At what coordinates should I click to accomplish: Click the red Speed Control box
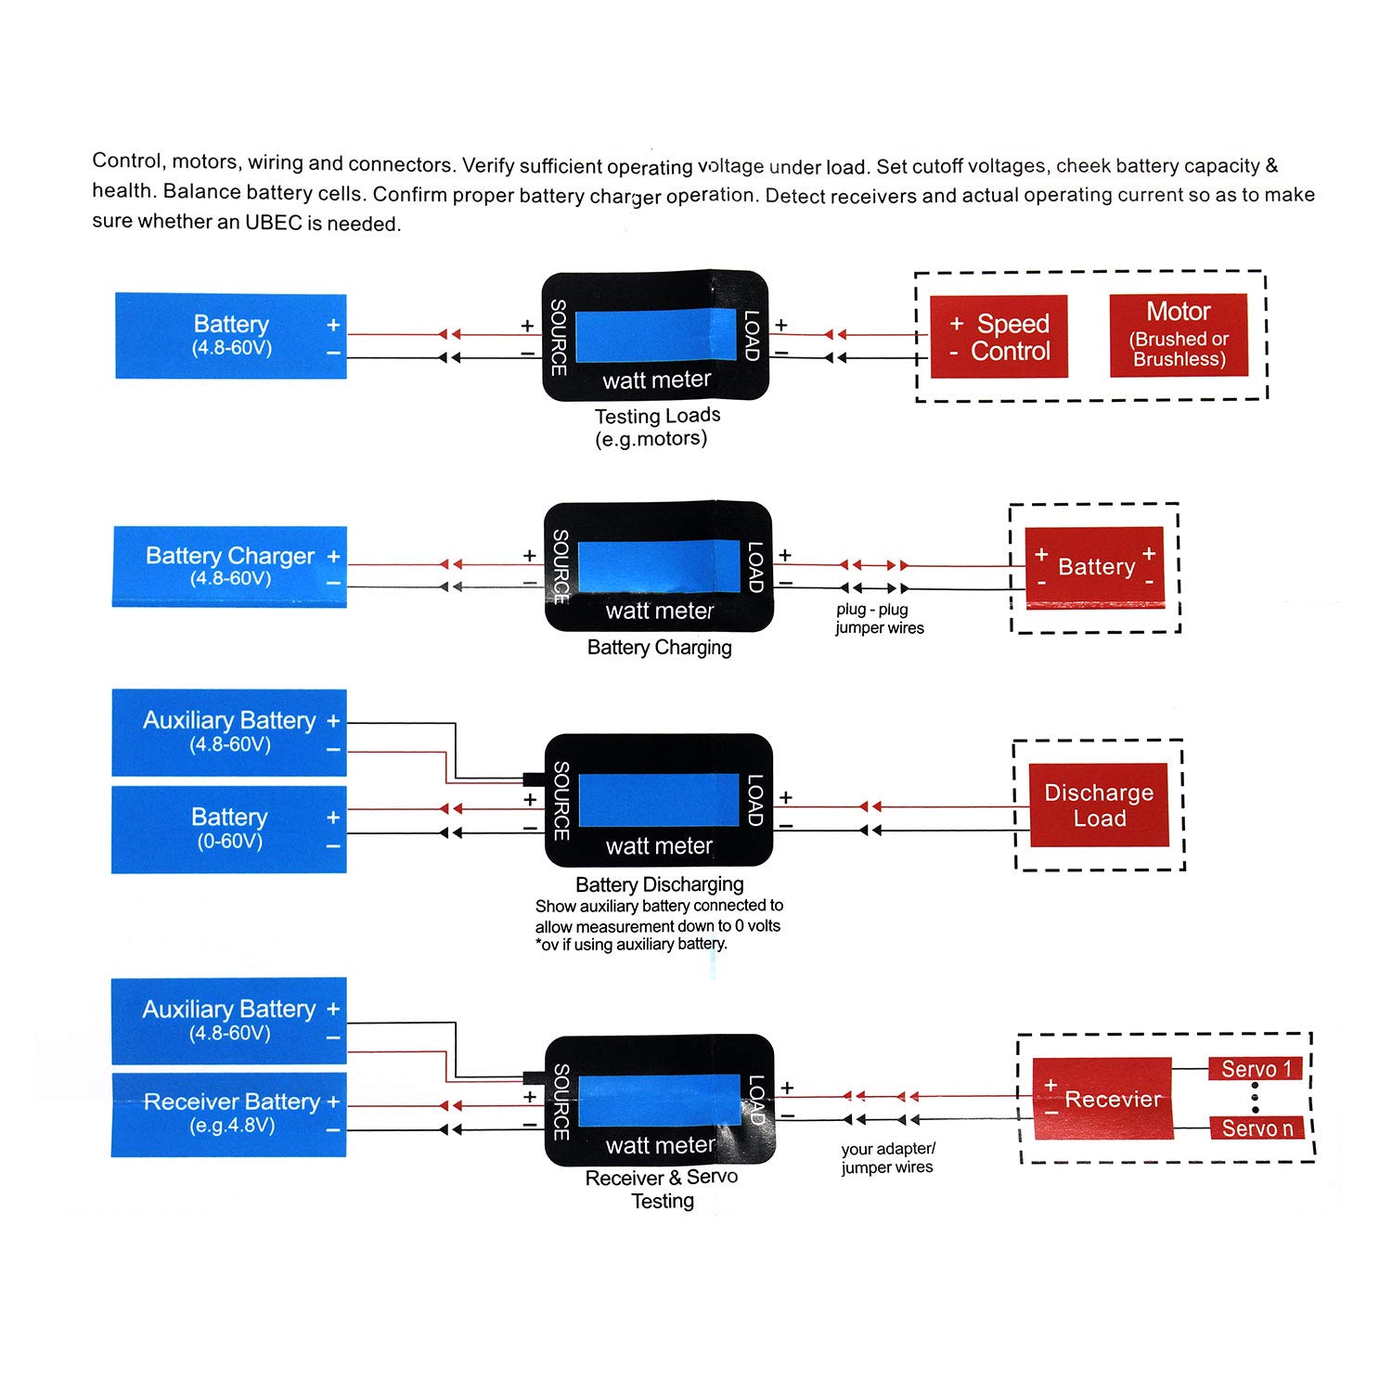pyautogui.click(x=999, y=337)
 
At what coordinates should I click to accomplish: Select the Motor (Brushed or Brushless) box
pyautogui.click(x=1179, y=335)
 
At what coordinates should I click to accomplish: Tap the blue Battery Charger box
pyautogui.click(x=229, y=566)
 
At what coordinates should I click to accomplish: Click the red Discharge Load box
pyautogui.click(x=1099, y=805)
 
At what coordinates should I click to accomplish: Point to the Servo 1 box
pyautogui.click(x=1256, y=1069)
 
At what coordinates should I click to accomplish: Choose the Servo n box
pyautogui.click(x=1257, y=1128)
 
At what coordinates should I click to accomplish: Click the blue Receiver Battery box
pyautogui.click(x=229, y=1114)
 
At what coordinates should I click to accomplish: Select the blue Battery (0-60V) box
pyautogui.click(x=229, y=829)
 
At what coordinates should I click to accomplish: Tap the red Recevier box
pyautogui.click(x=1102, y=1099)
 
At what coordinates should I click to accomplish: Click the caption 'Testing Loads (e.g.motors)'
pyautogui.click(x=656, y=427)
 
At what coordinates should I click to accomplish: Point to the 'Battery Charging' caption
pyautogui.click(x=659, y=648)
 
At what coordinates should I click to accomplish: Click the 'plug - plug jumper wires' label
pyautogui.click(x=878, y=619)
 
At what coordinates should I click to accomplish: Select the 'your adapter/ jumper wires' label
pyautogui.click(x=887, y=1158)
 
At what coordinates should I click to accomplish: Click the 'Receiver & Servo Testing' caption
pyautogui.click(x=662, y=1189)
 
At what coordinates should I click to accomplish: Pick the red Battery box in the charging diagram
pyautogui.click(x=1095, y=567)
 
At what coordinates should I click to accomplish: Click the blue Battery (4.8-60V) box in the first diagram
pyautogui.click(x=231, y=336)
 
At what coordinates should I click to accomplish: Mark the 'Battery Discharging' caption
pyautogui.click(x=659, y=884)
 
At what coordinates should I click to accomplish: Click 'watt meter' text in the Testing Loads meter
pyautogui.click(x=656, y=380)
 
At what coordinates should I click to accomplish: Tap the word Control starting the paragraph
pyautogui.click(x=127, y=161)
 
